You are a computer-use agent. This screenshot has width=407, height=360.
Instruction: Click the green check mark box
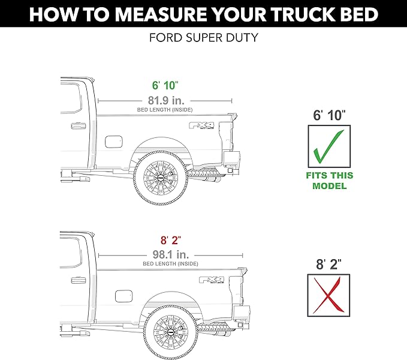[x=329, y=146]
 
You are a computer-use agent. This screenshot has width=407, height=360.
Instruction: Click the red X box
[x=329, y=295]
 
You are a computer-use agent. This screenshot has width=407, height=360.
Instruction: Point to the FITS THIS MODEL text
[x=329, y=181]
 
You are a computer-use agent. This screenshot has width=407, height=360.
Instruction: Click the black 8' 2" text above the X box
[x=329, y=262]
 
